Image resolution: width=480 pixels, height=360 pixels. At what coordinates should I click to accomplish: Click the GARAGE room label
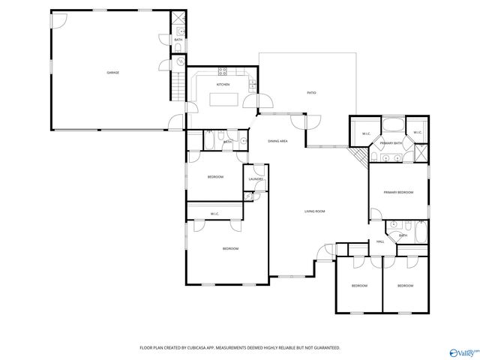click(x=112, y=73)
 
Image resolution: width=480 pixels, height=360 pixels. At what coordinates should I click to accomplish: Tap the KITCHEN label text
click(x=223, y=85)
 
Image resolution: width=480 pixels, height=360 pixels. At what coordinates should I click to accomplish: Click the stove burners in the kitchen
click(x=223, y=72)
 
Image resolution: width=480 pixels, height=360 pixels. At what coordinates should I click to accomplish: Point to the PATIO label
click(x=310, y=94)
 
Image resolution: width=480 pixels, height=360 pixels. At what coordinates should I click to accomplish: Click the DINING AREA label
click(x=278, y=141)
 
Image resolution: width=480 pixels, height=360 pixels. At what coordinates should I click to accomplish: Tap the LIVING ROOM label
click(x=314, y=211)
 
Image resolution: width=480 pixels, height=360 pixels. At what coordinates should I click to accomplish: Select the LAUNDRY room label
click(x=255, y=178)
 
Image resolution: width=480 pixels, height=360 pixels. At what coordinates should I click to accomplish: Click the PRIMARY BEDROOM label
click(x=398, y=193)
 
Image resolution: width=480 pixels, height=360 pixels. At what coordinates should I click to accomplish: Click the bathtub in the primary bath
click(x=393, y=125)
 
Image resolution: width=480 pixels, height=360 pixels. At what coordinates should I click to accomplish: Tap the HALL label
click(x=380, y=241)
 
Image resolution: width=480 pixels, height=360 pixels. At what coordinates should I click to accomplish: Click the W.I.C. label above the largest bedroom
click(x=214, y=214)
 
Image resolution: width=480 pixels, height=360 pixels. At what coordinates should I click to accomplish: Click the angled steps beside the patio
click(x=360, y=155)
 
